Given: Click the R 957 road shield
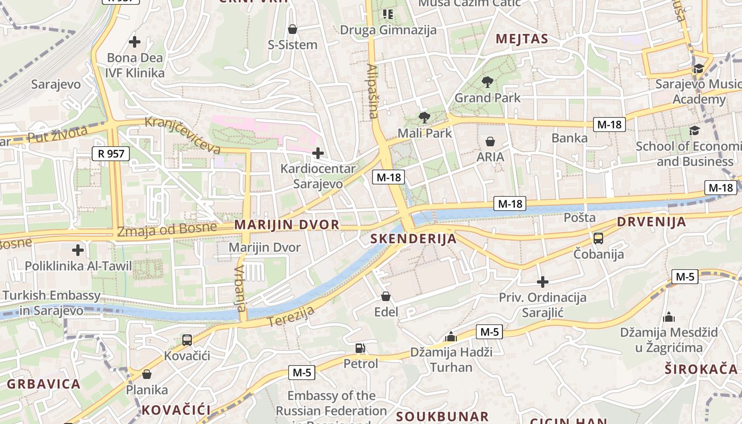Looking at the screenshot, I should coord(111,154).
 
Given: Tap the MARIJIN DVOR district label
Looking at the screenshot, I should coord(287,225).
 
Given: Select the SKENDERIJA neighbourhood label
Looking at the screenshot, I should coord(413,238).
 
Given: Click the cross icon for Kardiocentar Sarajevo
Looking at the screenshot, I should coord(318,154).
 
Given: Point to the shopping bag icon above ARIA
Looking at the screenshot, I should coord(490,142).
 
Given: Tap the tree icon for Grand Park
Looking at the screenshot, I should coord(488,82).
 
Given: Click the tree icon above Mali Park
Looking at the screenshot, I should coord(424,118).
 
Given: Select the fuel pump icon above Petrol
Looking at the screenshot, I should coord(360,348).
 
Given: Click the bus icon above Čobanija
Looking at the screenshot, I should coord(598,238).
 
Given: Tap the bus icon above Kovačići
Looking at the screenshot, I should coord(187,340).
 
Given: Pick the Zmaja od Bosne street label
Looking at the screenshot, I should coord(167,229).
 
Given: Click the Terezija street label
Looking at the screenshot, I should coord(291,316).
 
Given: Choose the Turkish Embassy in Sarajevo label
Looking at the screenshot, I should coord(51,303).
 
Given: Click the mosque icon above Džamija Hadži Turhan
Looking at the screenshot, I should coord(451,337).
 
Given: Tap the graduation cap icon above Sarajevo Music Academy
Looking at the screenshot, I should coord(699,69).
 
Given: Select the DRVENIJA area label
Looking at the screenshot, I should coord(651,222).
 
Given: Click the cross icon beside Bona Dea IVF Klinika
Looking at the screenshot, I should coord(135,41).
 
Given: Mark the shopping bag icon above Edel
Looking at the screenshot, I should coord(386,296).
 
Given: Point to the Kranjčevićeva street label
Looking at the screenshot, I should coord(183,135).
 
